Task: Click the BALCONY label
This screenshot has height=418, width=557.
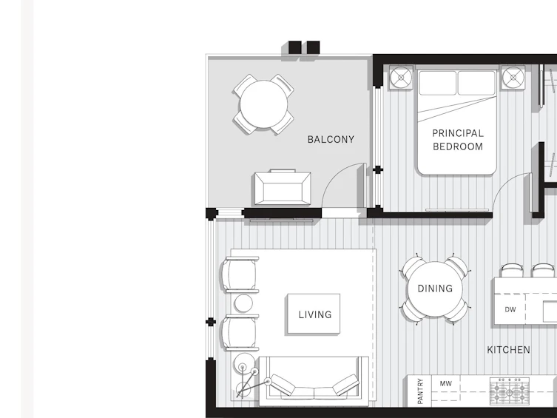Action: tap(331, 139)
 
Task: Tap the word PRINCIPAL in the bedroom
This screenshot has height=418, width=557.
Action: tap(458, 133)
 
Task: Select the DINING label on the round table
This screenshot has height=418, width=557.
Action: tap(435, 289)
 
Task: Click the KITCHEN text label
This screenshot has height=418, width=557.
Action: tap(508, 350)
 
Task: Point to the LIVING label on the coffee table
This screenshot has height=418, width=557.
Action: tap(314, 314)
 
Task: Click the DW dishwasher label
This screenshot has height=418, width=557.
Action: tap(510, 310)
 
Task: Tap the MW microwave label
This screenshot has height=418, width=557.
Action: tap(446, 383)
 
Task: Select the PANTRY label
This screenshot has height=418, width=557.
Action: tap(420, 391)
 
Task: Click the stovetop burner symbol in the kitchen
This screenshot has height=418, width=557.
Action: tap(510, 391)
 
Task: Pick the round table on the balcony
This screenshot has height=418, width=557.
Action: tap(263, 104)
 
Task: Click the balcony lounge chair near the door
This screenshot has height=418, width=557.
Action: tap(283, 187)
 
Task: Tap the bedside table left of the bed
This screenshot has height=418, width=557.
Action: tap(401, 78)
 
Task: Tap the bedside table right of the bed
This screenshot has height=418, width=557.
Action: tap(513, 78)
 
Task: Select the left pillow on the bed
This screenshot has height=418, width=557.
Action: tap(437, 83)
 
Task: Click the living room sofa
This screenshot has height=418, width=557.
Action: tap(314, 381)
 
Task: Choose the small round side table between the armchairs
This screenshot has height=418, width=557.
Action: tap(243, 303)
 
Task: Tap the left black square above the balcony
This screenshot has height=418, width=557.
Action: tap(295, 47)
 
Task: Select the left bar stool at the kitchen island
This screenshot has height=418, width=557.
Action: tap(512, 270)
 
